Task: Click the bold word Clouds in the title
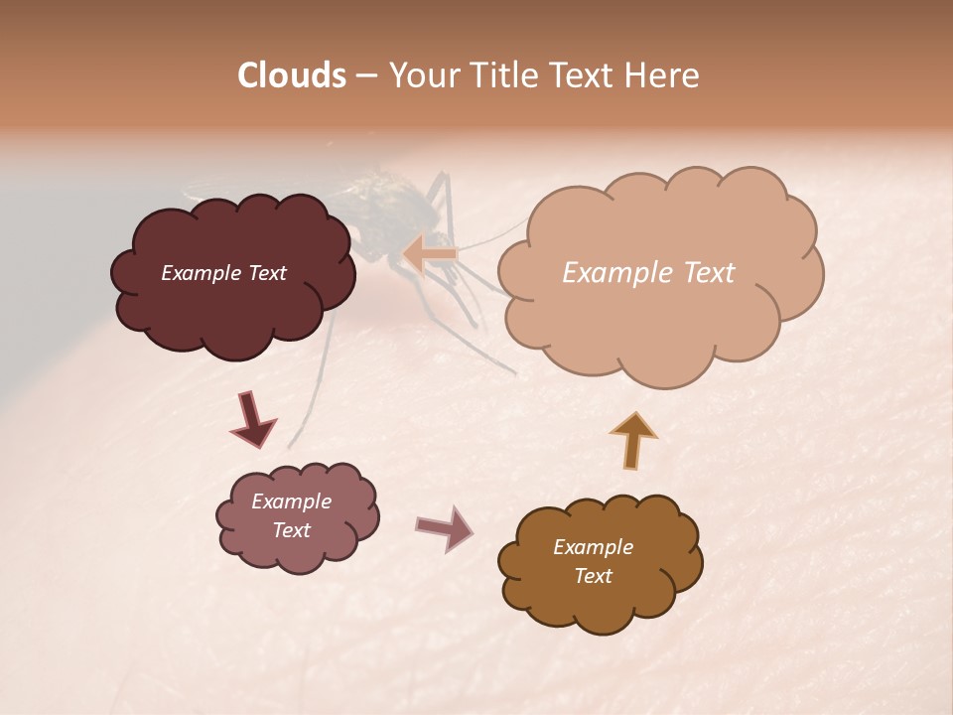pyautogui.click(x=291, y=75)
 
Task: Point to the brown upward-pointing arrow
pyautogui.click(x=633, y=440)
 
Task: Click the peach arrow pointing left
pyautogui.click(x=430, y=253)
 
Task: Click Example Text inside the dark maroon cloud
pyautogui.click(x=223, y=273)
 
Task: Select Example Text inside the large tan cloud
pyautogui.click(x=648, y=273)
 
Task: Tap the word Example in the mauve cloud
pyautogui.click(x=291, y=501)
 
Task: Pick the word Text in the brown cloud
pyautogui.click(x=593, y=576)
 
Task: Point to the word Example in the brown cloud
pyautogui.click(x=593, y=547)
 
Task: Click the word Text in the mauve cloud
pyautogui.click(x=291, y=530)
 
